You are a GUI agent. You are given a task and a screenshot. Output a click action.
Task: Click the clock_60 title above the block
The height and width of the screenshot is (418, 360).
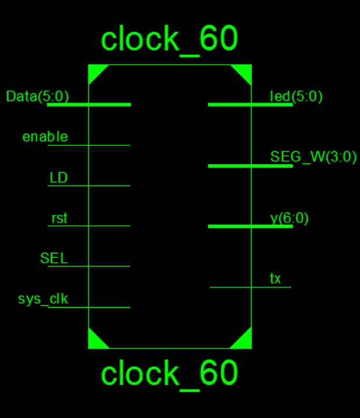pyautogui.click(x=169, y=39)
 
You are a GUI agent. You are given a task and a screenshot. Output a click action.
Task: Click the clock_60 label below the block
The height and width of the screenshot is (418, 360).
pyautogui.click(x=169, y=373)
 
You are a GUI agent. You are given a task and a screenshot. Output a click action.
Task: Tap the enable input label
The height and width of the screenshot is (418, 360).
pyautogui.click(x=45, y=137)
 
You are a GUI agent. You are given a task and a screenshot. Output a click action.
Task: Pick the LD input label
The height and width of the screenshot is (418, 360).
pyautogui.click(x=58, y=178)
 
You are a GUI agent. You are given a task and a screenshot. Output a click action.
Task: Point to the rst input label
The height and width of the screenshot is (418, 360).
pyautogui.click(x=59, y=218)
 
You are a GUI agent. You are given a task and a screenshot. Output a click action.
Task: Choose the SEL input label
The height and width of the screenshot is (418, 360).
pyautogui.click(x=54, y=258)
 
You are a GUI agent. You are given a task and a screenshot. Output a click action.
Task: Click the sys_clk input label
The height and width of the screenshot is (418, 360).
pyautogui.click(x=43, y=299)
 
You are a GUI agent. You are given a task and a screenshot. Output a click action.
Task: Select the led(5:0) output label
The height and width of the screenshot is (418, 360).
pyautogui.click(x=296, y=96)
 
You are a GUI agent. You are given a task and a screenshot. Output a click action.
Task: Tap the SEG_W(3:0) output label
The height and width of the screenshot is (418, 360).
pyautogui.click(x=313, y=157)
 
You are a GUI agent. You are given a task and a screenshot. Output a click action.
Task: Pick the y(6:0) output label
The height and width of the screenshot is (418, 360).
pyautogui.click(x=289, y=218)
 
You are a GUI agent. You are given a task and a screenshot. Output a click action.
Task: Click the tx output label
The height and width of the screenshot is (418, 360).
pyautogui.click(x=275, y=279)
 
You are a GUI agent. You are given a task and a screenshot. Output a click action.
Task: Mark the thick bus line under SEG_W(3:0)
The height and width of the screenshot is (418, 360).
pyautogui.click(x=250, y=166)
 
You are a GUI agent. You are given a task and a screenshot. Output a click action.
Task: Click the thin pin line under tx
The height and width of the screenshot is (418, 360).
pyautogui.click(x=250, y=287)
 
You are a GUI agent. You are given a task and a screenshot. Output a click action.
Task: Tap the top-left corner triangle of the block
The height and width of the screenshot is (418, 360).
pyautogui.click(x=95, y=72)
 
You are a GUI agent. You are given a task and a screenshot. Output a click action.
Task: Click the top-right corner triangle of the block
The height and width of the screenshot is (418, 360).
pyautogui.click(x=244, y=72)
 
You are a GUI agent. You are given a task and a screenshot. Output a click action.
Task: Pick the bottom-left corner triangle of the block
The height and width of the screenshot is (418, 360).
pyautogui.click(x=95, y=342)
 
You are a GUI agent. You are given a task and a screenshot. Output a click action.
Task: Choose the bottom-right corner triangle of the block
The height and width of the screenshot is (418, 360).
pyautogui.click(x=244, y=342)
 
